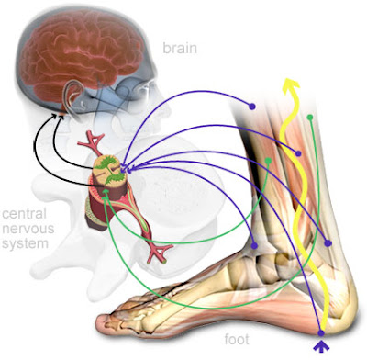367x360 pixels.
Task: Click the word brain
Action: point(180,48)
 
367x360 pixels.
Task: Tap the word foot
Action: point(237,339)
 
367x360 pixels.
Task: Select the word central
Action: point(24,213)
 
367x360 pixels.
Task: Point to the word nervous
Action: point(28,229)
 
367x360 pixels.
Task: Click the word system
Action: point(25,244)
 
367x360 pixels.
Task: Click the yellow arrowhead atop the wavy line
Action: point(291,84)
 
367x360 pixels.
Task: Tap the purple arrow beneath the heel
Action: point(321,345)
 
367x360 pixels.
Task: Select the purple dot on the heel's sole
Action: point(321,332)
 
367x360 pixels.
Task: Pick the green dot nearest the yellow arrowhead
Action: point(310,117)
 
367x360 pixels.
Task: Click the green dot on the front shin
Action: point(268,161)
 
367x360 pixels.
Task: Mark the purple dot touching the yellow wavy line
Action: point(298,153)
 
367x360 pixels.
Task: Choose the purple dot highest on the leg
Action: point(252,107)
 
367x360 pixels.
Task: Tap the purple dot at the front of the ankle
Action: point(254,245)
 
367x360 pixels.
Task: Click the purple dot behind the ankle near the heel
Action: point(328,243)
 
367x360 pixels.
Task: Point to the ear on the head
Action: point(72,95)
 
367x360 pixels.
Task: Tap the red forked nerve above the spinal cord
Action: point(92,142)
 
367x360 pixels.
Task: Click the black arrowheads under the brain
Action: point(58,116)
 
